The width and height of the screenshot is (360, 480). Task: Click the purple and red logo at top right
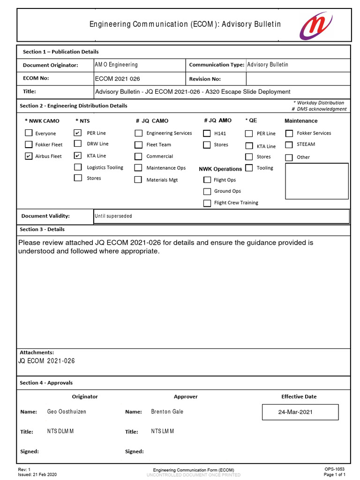tap(316, 25)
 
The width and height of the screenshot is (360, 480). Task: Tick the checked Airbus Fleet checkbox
tap(29, 156)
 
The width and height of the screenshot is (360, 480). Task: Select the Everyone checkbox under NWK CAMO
tap(29, 133)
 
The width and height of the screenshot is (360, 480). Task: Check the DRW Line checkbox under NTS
tap(78, 144)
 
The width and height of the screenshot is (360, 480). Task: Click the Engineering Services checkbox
tap(138, 133)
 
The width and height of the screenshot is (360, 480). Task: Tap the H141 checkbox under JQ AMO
tap(207, 133)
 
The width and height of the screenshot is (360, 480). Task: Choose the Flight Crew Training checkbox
tap(207, 203)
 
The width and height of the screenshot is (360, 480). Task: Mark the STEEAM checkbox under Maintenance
tap(289, 145)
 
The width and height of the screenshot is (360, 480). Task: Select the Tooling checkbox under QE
tap(249, 168)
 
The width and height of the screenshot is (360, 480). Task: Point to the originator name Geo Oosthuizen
tap(67, 412)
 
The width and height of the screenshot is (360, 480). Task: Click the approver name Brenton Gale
tap(167, 412)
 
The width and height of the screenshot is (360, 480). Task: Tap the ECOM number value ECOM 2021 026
tap(117, 79)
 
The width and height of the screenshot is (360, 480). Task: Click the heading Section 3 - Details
tap(42, 229)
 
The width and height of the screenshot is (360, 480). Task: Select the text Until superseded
tap(113, 216)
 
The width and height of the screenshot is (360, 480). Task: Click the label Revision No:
tap(205, 79)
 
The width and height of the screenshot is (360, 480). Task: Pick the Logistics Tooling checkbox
tap(78, 167)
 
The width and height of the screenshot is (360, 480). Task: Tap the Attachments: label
tap(37, 352)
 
